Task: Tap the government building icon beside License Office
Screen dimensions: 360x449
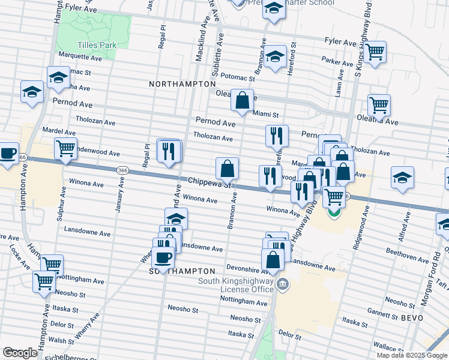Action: click(280, 283)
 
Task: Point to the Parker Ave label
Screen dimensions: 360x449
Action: click(336, 61)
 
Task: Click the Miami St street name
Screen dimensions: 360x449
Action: click(266, 114)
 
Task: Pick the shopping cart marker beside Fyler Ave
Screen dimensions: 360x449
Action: click(375, 52)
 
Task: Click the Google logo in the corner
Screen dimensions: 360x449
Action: click(20, 353)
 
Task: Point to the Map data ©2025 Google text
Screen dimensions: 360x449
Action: click(411, 355)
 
